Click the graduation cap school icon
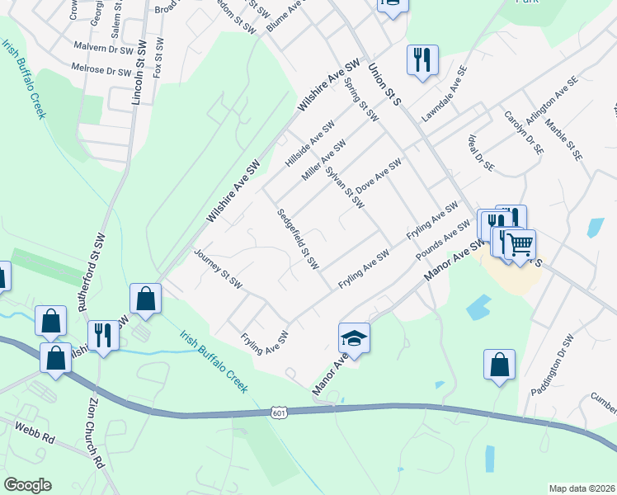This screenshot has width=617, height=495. pyautogui.click(x=354, y=338)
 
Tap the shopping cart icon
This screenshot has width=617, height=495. pyautogui.click(x=520, y=244)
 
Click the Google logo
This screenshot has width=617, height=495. pyautogui.click(x=27, y=485)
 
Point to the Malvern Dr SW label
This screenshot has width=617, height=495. pyautogui.click(x=103, y=49)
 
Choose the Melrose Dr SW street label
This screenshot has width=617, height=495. pyautogui.click(x=101, y=70)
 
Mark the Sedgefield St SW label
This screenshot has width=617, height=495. pyautogui.click(x=298, y=239)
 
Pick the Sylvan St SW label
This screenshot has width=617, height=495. pyautogui.click(x=344, y=188)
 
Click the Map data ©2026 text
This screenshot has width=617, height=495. pyautogui.click(x=582, y=488)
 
